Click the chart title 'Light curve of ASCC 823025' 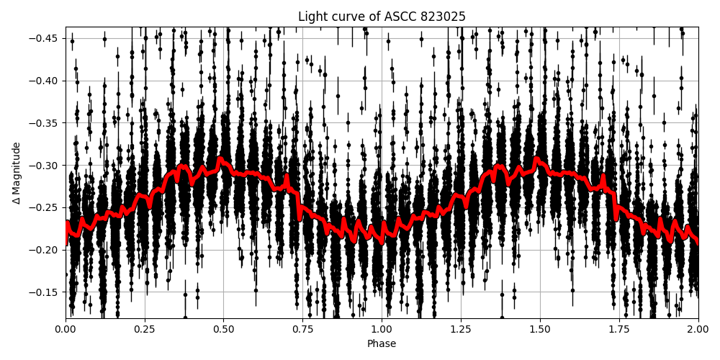pos(382,17)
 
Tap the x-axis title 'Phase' pos(382,344)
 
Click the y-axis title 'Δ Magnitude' pos(17,173)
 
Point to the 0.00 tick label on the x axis pos(66,330)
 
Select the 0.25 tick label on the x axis pos(145,330)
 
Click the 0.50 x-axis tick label pos(224,330)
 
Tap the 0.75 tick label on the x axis pos(302,330)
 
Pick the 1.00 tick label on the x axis pos(382,330)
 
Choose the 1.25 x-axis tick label pos(461,330)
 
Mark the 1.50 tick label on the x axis pos(540,330)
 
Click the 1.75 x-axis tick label pos(619,330)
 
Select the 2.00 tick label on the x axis pos(698,330)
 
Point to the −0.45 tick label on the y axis pos(45,38)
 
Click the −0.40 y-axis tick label pos(45,81)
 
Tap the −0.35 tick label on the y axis pos(45,123)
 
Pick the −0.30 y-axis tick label pos(45,166)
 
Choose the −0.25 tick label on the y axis pos(45,207)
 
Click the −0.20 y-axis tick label pos(45,250)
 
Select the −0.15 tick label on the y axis pos(45,292)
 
